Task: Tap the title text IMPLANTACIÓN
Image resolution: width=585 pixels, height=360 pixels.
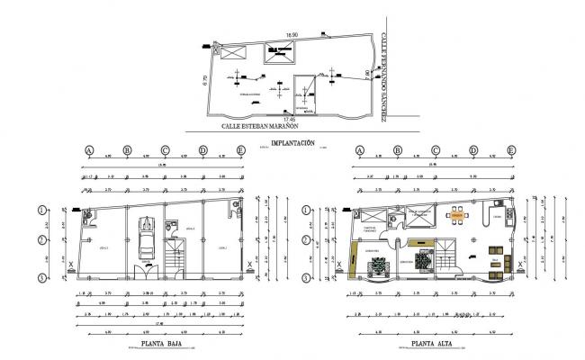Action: tap(292, 144)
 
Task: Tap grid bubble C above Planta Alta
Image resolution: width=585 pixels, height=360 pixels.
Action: tap(436, 151)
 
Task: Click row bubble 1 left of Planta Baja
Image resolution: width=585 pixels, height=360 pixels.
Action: tap(41, 211)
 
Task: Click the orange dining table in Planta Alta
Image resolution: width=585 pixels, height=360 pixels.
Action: tap(457, 216)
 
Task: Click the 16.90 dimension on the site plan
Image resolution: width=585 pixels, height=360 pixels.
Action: tap(291, 35)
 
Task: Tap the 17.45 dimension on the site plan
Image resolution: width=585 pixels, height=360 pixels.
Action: tap(289, 119)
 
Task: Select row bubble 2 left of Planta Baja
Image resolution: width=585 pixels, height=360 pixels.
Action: tap(41, 240)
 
